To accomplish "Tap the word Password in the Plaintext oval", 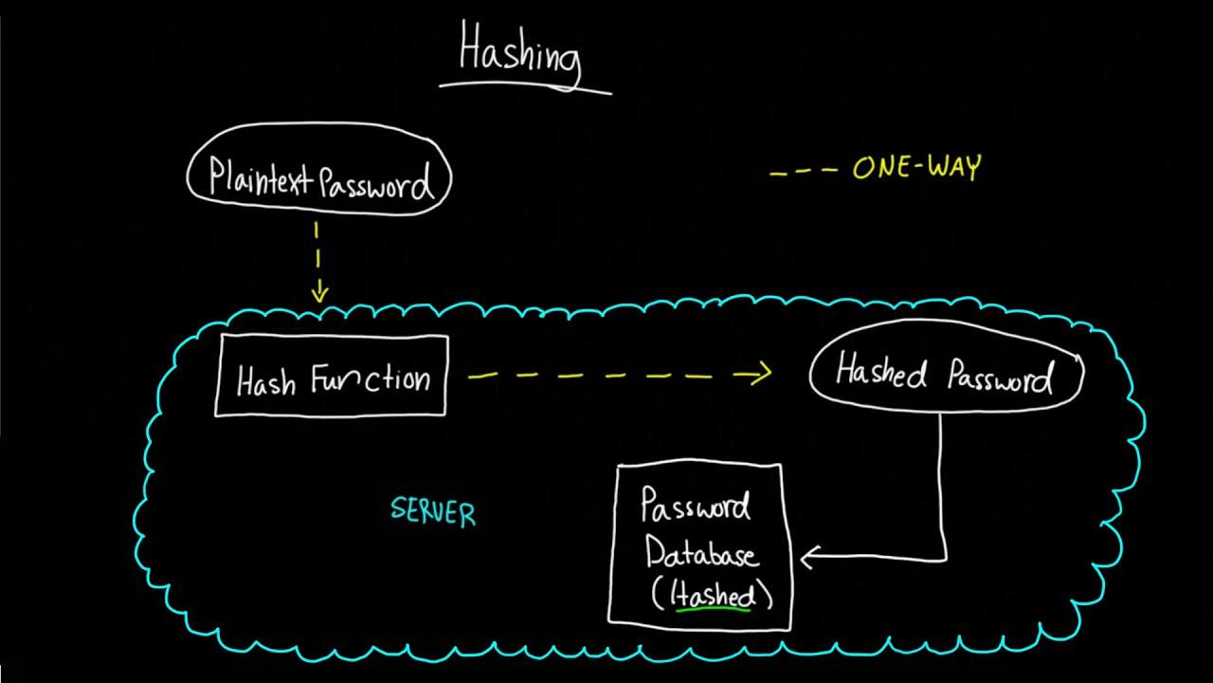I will click(375, 182).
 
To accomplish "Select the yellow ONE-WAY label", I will click(916, 169).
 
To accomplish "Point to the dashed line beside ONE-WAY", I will click(804, 173).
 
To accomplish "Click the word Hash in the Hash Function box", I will click(265, 381).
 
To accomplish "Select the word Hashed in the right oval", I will click(880, 373).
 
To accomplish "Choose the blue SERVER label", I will click(433, 512).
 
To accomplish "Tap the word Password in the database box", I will click(696, 508).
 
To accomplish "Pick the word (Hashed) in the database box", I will click(713, 595).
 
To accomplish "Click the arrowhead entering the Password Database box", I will click(808, 559).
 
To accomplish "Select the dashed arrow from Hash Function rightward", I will click(616, 376).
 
